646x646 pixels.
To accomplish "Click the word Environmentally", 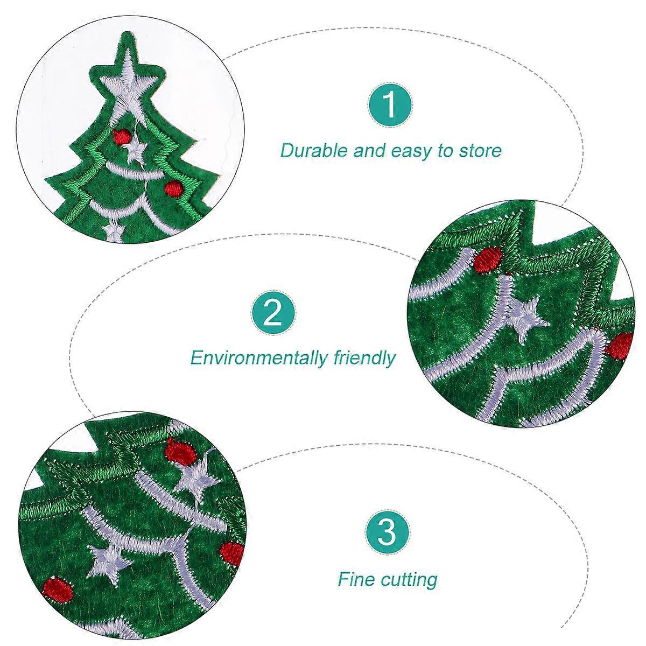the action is (x=258, y=357).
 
